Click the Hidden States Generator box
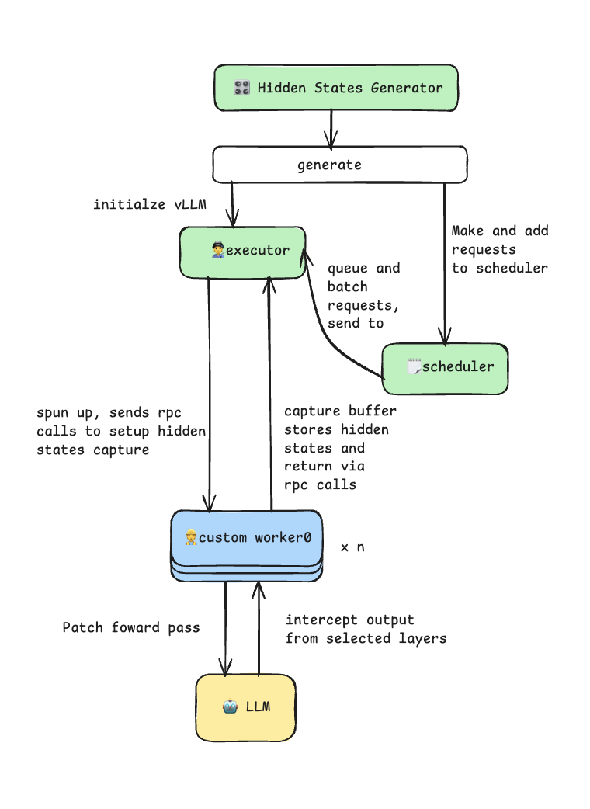tap(335, 88)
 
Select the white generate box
tap(339, 165)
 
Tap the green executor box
tap(242, 252)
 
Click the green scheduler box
tap(445, 366)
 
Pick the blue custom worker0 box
tap(246, 537)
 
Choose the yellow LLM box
tap(245, 707)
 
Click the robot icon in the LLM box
tap(230, 707)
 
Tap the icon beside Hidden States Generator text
tap(241, 88)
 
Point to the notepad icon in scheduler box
tap(414, 366)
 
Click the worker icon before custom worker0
tap(191, 537)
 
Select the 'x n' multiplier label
tap(352, 547)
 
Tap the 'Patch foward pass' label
tap(130, 627)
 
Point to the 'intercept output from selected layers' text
tap(365, 629)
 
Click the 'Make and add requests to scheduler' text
tap(499, 249)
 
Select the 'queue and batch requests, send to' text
tap(363, 296)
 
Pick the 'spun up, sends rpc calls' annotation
tap(120, 430)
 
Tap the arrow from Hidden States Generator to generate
tap(331, 128)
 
